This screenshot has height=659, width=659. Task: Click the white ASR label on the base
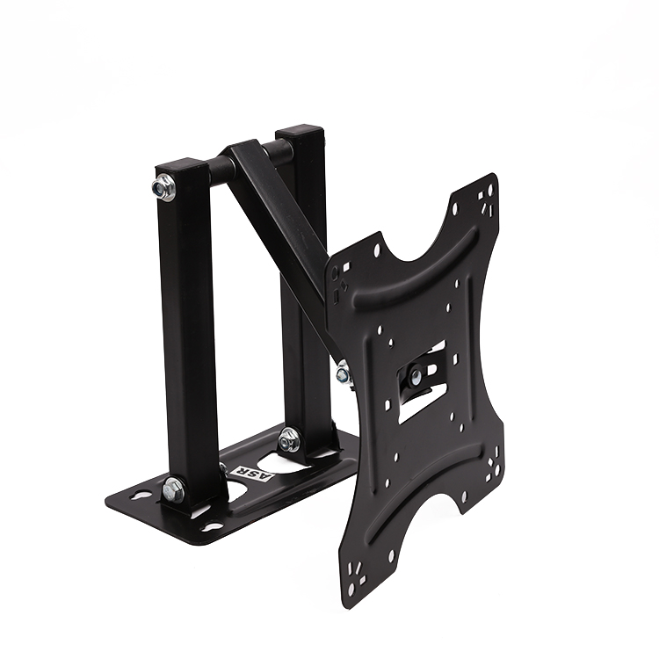click(x=251, y=474)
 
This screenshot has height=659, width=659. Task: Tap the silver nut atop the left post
click(x=163, y=187)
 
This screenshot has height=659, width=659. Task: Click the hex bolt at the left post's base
click(x=173, y=489)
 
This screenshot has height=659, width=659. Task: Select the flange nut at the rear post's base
click(x=289, y=440)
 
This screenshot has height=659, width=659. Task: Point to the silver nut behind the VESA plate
click(x=344, y=373)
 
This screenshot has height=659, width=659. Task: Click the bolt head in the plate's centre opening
click(x=416, y=375)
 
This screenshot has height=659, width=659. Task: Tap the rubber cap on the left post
click(x=182, y=165)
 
